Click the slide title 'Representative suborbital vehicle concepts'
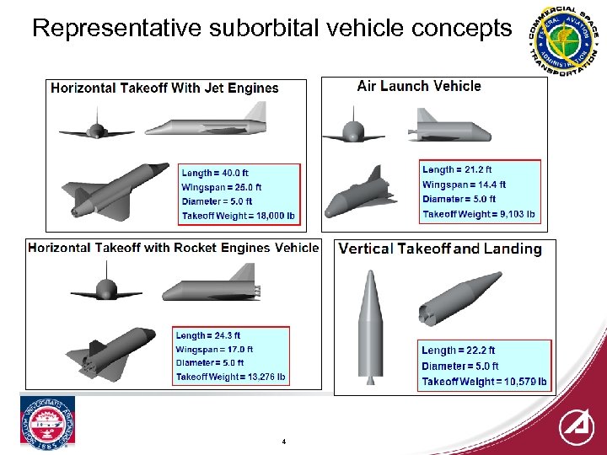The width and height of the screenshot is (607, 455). point(271,29)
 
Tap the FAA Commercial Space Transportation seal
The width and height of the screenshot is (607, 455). point(561,39)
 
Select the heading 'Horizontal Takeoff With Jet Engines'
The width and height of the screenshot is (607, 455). point(164,88)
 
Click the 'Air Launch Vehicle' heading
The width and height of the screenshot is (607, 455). point(419,86)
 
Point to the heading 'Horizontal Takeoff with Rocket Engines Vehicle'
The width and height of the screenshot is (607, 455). point(174,248)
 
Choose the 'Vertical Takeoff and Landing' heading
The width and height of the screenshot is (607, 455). point(439,249)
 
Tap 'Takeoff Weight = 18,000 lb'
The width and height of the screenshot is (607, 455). point(239,216)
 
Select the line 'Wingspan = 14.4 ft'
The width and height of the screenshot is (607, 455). point(464,185)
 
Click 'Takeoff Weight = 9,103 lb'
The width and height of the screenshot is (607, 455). point(478,214)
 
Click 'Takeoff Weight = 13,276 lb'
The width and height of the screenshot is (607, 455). point(230,377)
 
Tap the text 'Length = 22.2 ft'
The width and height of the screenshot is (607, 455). point(458,351)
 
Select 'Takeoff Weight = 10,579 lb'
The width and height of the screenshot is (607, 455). point(484,382)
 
